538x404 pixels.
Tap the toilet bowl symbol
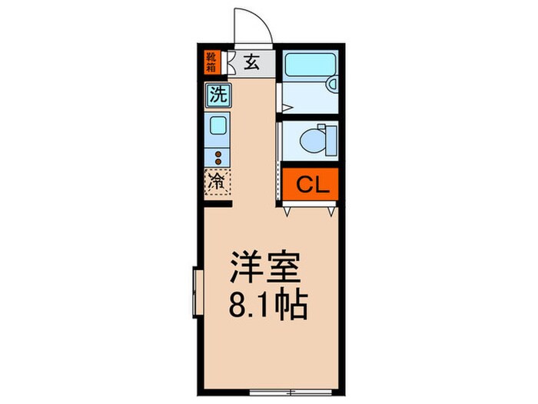(314, 141)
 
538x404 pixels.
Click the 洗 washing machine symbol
(218, 96)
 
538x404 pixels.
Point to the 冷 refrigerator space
(218, 182)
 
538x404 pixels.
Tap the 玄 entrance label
(251, 62)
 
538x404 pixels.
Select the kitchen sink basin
(218, 125)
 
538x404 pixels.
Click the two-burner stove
(218, 157)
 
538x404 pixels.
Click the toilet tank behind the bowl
(332, 141)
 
